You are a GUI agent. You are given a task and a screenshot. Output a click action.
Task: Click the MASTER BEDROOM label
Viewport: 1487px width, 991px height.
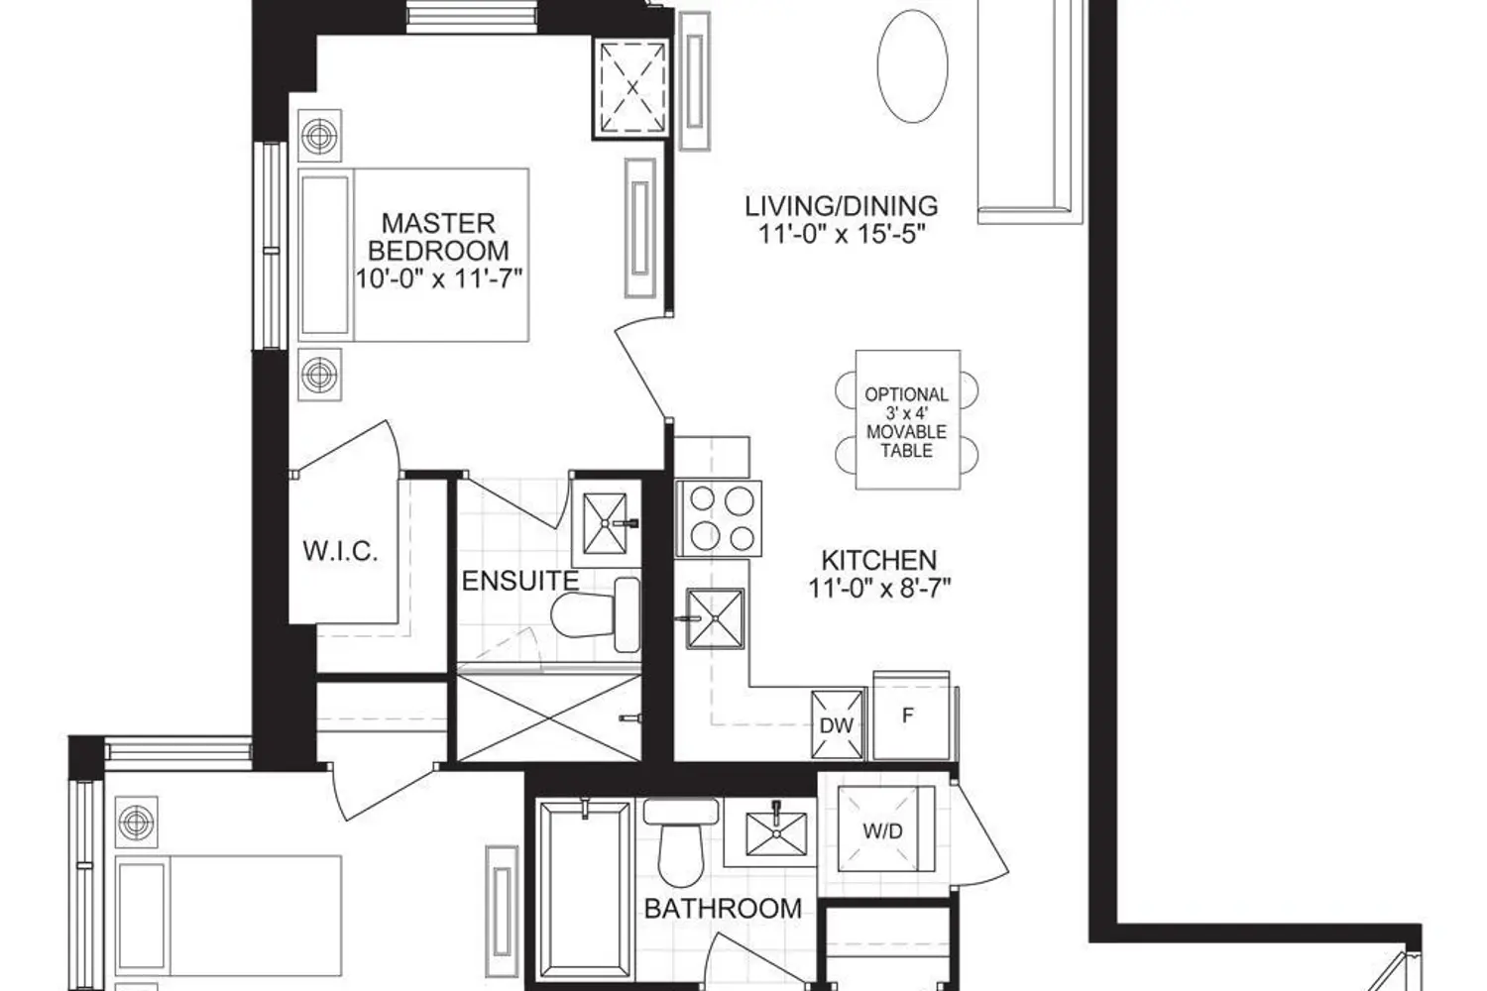pyautogui.click(x=439, y=237)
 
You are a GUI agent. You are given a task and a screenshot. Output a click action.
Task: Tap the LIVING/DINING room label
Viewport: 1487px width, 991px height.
pyautogui.click(x=841, y=206)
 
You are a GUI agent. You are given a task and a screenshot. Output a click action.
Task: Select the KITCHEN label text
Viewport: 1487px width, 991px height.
pyautogui.click(x=879, y=560)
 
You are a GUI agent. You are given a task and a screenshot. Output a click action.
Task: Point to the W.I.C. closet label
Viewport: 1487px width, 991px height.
pyautogui.click(x=341, y=551)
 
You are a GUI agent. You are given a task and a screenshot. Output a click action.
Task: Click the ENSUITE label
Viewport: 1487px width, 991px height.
pyautogui.click(x=520, y=581)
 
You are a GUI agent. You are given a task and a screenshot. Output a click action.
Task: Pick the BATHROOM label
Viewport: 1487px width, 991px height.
pyautogui.click(x=723, y=909)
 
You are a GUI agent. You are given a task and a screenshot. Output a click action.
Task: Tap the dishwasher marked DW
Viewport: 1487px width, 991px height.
pyautogui.click(x=838, y=724)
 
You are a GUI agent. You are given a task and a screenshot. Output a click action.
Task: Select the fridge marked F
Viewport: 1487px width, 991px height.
pyautogui.click(x=911, y=716)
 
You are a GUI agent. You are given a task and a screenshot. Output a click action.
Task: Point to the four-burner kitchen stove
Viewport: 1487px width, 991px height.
pyautogui.click(x=719, y=518)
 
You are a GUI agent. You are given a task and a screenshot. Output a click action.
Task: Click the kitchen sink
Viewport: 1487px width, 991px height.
pyautogui.click(x=715, y=618)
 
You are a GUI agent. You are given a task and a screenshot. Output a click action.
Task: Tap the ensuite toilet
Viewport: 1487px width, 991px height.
pyautogui.click(x=596, y=615)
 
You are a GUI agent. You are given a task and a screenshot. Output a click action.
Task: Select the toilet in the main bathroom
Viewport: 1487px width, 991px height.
pyautogui.click(x=680, y=842)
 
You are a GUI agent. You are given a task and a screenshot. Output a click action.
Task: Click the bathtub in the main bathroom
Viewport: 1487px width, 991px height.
pyautogui.click(x=584, y=891)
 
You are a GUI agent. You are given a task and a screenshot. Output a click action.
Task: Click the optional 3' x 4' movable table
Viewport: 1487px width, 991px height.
pyautogui.click(x=907, y=420)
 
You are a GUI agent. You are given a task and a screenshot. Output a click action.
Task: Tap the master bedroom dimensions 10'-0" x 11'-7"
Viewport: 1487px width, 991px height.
pyautogui.click(x=439, y=278)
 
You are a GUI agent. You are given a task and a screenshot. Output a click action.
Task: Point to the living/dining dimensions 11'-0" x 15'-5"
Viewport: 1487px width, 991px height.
pyautogui.click(x=842, y=234)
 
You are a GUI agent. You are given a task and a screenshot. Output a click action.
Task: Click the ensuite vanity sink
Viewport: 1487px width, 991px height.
pyautogui.click(x=605, y=523)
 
